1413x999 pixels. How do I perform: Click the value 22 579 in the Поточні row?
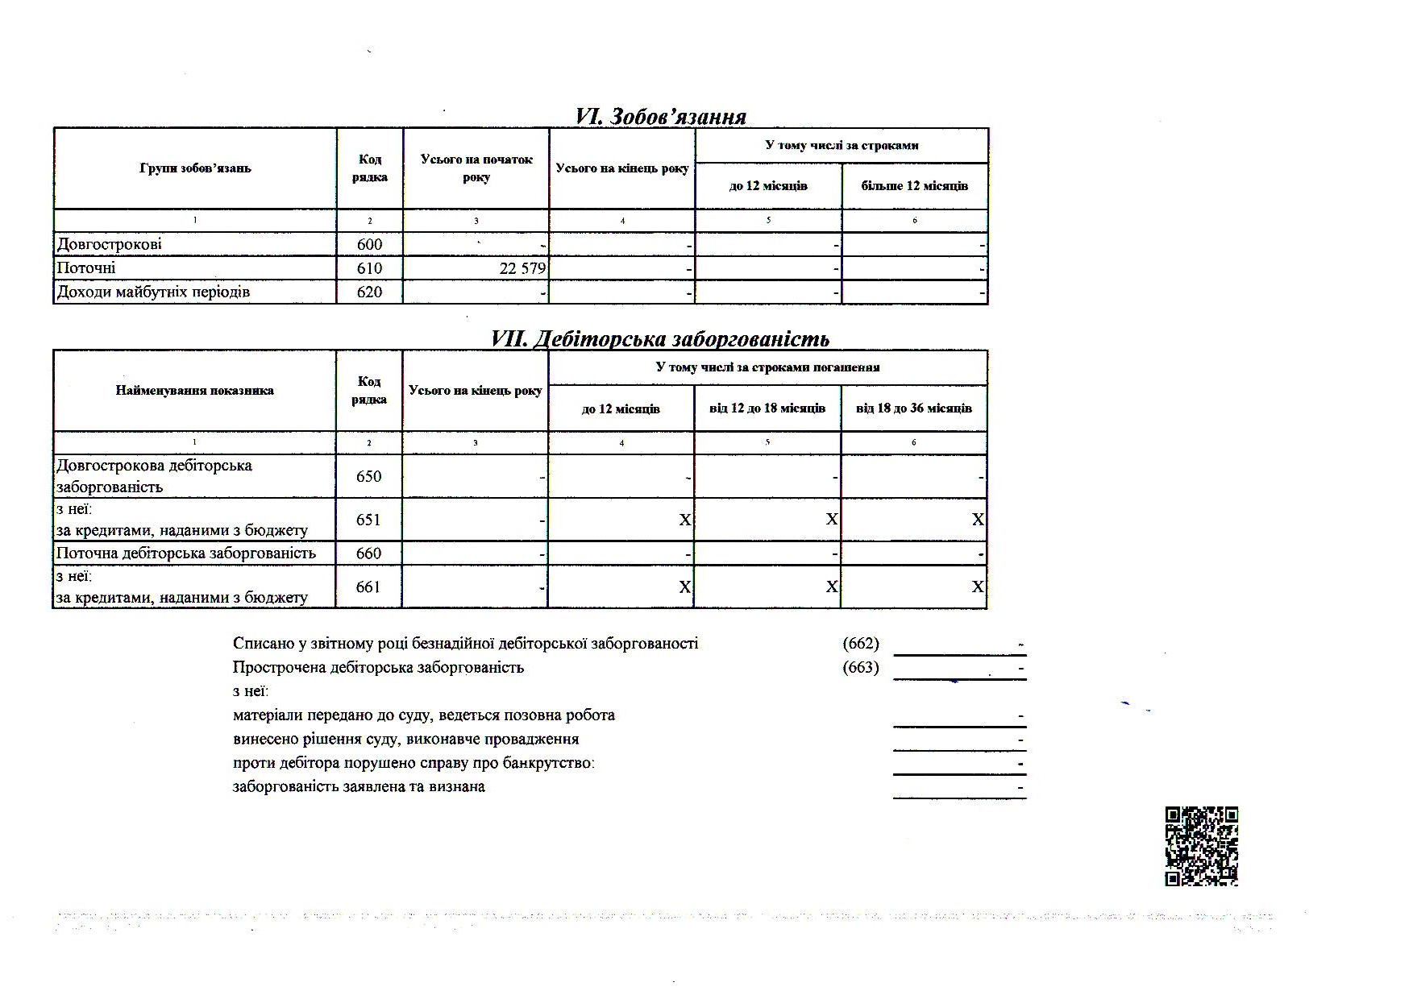[522, 268]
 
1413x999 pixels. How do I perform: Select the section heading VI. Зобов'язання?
[660, 117]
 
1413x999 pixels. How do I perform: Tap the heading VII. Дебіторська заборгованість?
[660, 339]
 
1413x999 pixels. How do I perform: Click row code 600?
[369, 245]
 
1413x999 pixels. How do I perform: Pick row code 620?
[369, 292]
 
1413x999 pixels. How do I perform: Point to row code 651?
[368, 520]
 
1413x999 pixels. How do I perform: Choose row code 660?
[368, 553]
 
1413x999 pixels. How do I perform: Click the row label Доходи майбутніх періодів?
[153, 292]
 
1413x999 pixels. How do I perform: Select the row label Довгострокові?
[110, 244]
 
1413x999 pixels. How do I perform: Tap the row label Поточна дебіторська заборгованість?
[185, 553]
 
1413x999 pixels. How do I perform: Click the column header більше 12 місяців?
[914, 186]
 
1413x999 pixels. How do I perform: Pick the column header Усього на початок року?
[476, 168]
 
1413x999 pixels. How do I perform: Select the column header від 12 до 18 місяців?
[767, 408]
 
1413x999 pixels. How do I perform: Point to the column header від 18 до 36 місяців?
[914, 408]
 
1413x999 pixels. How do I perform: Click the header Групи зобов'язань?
[195, 168]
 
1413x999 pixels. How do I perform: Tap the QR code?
[1201, 846]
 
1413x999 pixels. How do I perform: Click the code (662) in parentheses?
[861, 644]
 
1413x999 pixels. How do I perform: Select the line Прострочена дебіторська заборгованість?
[378, 668]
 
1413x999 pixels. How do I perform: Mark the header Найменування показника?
[195, 391]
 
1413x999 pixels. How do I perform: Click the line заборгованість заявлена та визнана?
[359, 787]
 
